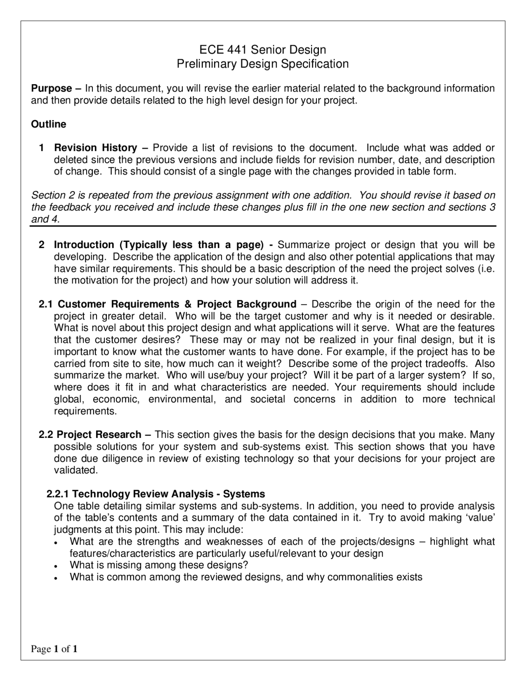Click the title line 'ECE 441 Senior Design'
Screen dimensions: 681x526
pos(263,50)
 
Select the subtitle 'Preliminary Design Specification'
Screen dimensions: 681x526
pos(263,64)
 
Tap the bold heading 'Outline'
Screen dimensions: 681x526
pos(48,124)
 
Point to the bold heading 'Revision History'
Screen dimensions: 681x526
pos(95,148)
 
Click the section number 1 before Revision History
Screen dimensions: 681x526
pos(41,148)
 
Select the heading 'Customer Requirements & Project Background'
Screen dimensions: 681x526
pos(177,304)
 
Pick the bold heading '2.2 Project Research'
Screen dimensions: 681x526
pos(90,435)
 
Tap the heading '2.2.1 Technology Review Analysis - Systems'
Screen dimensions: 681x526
pos(156,494)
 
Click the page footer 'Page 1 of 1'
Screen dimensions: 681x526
pos(54,649)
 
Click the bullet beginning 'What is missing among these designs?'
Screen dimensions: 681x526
pos(159,565)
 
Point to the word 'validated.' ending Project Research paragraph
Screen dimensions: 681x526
pos(76,470)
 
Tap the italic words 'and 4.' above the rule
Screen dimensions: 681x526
pos(46,219)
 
